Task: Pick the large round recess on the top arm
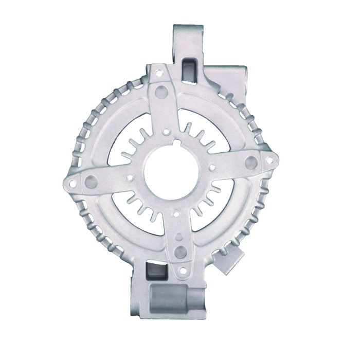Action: (x=164, y=91)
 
